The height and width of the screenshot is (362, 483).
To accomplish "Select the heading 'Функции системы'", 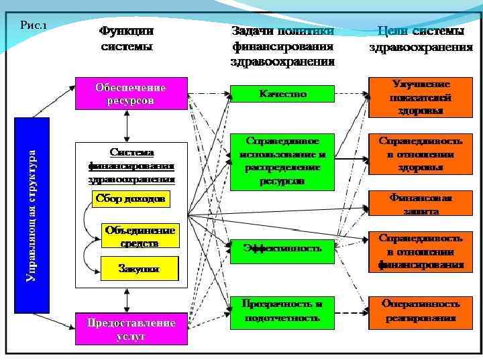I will coord(127,39).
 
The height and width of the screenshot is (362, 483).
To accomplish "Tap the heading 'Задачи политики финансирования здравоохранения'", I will coord(282,46).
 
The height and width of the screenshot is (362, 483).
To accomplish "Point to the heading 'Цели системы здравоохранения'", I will coord(421,39).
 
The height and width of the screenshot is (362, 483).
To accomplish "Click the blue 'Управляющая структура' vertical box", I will coord(32,215).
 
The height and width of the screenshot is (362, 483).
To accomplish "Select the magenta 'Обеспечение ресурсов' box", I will coord(130,94).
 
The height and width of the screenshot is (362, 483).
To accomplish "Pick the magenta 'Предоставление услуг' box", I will coord(130,329).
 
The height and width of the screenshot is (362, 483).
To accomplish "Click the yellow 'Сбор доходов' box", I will coord(130,200).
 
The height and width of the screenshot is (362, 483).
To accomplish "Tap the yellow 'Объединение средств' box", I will coord(140,236).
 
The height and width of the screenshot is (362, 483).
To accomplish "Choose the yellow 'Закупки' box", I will coord(140,269).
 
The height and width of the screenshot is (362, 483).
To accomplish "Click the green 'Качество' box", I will coord(282,95).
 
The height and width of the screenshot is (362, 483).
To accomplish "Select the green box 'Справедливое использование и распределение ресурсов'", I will coord(282,162).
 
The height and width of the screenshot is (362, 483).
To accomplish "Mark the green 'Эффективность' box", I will coord(282,248).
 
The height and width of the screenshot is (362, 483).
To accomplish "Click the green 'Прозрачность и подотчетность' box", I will coord(282,312).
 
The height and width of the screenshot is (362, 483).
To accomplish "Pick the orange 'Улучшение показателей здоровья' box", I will coord(421,97).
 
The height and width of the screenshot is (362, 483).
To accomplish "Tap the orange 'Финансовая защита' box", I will coord(421,204).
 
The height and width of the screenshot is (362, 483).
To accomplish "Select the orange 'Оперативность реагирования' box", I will coord(421,312).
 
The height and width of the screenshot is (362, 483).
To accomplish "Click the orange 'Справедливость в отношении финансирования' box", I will coord(421,251).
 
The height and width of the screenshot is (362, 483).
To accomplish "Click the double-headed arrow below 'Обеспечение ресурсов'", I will coord(127,125).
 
